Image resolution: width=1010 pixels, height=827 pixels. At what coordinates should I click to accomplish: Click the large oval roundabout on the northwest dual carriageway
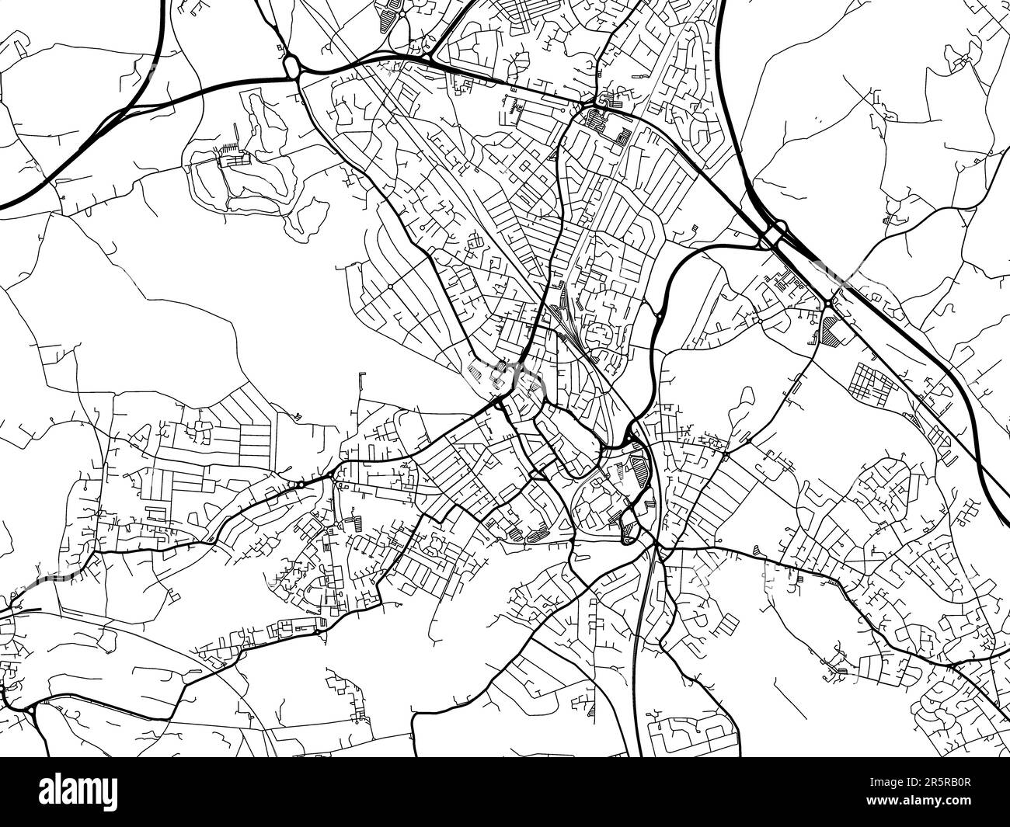[293, 68]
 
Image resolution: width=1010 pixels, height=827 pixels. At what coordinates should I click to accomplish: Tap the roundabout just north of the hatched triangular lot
[831, 302]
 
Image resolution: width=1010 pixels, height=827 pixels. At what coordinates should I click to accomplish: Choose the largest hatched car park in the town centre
[639, 471]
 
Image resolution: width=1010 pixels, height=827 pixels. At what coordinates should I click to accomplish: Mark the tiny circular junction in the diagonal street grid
[388, 287]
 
